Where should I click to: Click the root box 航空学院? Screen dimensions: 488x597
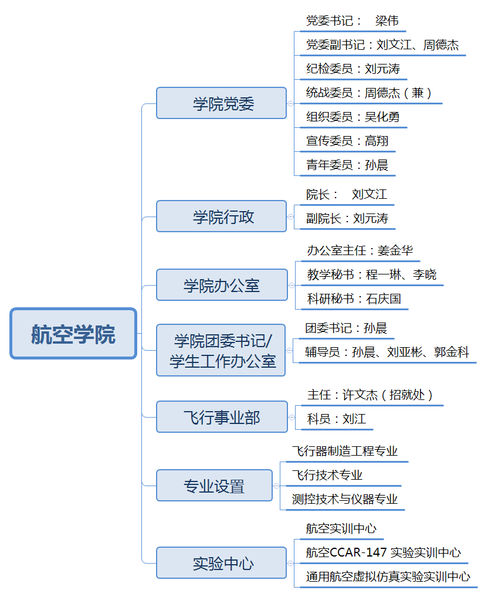tap(73, 334)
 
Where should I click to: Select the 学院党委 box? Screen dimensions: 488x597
tap(221, 103)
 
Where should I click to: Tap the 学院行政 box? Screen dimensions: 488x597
tap(221, 216)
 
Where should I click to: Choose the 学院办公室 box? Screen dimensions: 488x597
tap(222, 285)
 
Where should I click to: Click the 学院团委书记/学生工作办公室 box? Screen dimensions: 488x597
tap(221, 350)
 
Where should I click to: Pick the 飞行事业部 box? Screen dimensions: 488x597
tap(222, 417)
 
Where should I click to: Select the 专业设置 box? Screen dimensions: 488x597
tap(214, 486)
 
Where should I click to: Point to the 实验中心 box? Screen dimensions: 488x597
tap(221, 563)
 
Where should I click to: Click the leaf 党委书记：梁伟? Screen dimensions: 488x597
tap(353, 21)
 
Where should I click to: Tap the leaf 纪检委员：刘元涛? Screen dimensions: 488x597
tap(353, 69)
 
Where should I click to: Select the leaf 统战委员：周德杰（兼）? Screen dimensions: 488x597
tap(369, 93)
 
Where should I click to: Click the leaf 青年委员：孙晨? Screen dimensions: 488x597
tap(347, 165)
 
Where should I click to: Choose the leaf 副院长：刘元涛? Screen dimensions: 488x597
tap(347, 219)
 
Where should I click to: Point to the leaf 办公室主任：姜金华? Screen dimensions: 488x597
tap(360, 250)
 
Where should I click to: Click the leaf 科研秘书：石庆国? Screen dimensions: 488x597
tap(354, 299)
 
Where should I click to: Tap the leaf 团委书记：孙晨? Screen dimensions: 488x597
tap(346, 328)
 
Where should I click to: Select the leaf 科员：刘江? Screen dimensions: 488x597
tap(337, 419)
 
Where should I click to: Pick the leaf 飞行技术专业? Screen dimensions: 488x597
tap(327, 475)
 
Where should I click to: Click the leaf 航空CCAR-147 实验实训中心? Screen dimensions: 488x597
tap(384, 552)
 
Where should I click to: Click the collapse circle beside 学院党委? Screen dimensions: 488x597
tap(291, 104)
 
